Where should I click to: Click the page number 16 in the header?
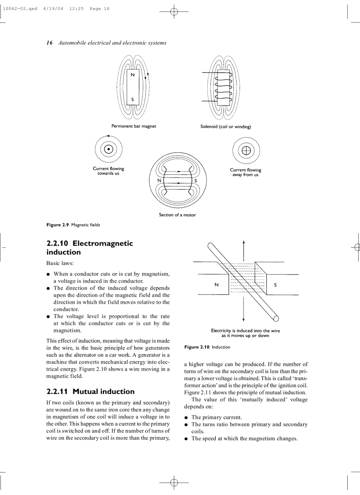click(49, 43)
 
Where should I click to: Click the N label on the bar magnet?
click(132, 74)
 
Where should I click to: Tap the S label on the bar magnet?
click(132, 100)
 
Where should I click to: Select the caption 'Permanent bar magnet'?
click(134, 126)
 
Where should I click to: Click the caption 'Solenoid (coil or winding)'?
click(225, 127)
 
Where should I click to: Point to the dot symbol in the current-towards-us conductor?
click(109, 149)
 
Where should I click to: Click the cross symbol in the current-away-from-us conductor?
click(246, 150)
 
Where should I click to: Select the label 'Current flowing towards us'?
click(108, 171)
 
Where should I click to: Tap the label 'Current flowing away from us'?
click(245, 172)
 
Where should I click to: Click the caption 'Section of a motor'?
click(177, 215)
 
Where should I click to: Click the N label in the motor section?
click(159, 181)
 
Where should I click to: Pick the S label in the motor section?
click(195, 181)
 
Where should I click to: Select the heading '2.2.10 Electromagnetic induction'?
click(90, 248)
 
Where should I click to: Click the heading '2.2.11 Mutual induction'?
click(90, 391)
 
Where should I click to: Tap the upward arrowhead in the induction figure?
click(244, 242)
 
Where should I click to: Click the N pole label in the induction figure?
click(216, 285)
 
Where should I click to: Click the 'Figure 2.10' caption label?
click(197, 347)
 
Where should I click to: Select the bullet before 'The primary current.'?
click(187, 417)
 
